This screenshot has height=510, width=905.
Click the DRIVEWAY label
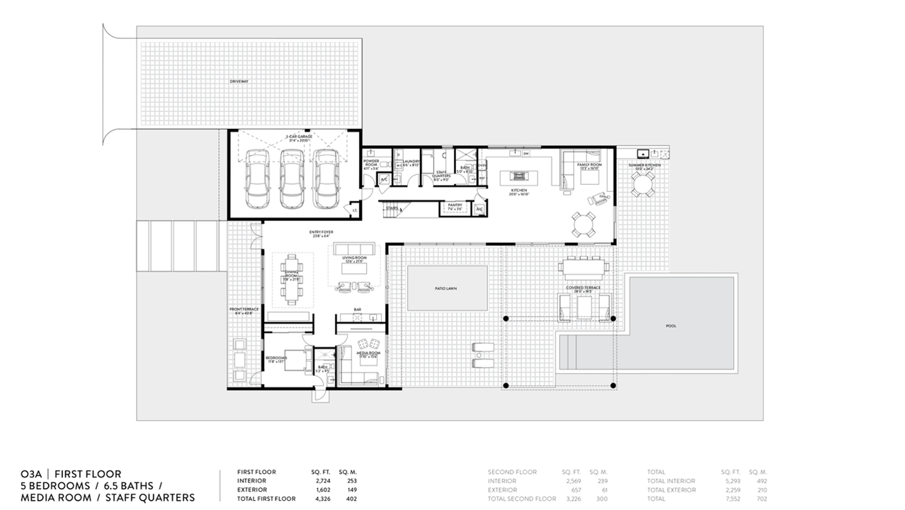pyautogui.click(x=239, y=82)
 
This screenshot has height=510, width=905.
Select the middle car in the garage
pyautogui.click(x=291, y=178)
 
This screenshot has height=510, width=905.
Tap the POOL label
pyautogui.click(x=671, y=326)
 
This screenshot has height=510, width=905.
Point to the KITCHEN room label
pyautogui.click(x=520, y=191)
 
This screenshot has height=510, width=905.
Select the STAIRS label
pyautogui.click(x=391, y=209)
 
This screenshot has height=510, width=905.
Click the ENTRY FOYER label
pyautogui.click(x=321, y=232)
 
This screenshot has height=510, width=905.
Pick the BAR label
pyautogui.click(x=358, y=310)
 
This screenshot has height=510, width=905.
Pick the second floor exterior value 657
pyautogui.click(x=574, y=489)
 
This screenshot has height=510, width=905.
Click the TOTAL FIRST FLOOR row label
pyautogui.click(x=266, y=499)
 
